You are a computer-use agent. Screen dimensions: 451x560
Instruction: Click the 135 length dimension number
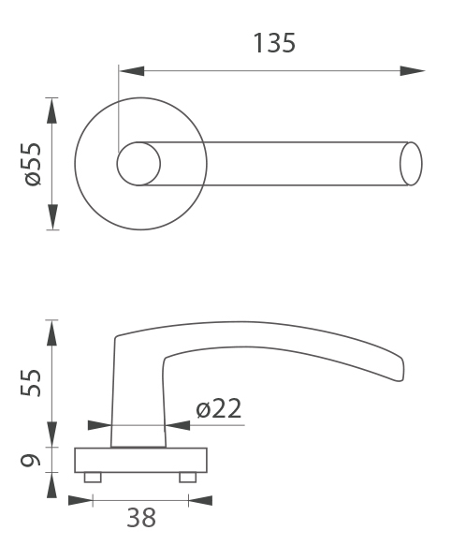(274, 43)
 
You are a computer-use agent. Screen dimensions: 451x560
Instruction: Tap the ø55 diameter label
(33, 164)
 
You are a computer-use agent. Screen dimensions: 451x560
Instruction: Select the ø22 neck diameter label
(218, 408)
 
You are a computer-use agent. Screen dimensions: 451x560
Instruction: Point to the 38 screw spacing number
(141, 518)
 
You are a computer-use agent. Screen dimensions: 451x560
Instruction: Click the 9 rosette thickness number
(30, 461)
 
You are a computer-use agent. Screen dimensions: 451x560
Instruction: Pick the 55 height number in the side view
(31, 383)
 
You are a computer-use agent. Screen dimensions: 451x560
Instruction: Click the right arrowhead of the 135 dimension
(412, 71)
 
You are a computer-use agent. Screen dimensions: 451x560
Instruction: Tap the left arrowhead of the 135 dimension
(132, 71)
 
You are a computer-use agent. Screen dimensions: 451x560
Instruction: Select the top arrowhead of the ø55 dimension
(52, 111)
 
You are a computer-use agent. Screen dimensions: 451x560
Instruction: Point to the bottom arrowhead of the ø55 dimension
(52, 217)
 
